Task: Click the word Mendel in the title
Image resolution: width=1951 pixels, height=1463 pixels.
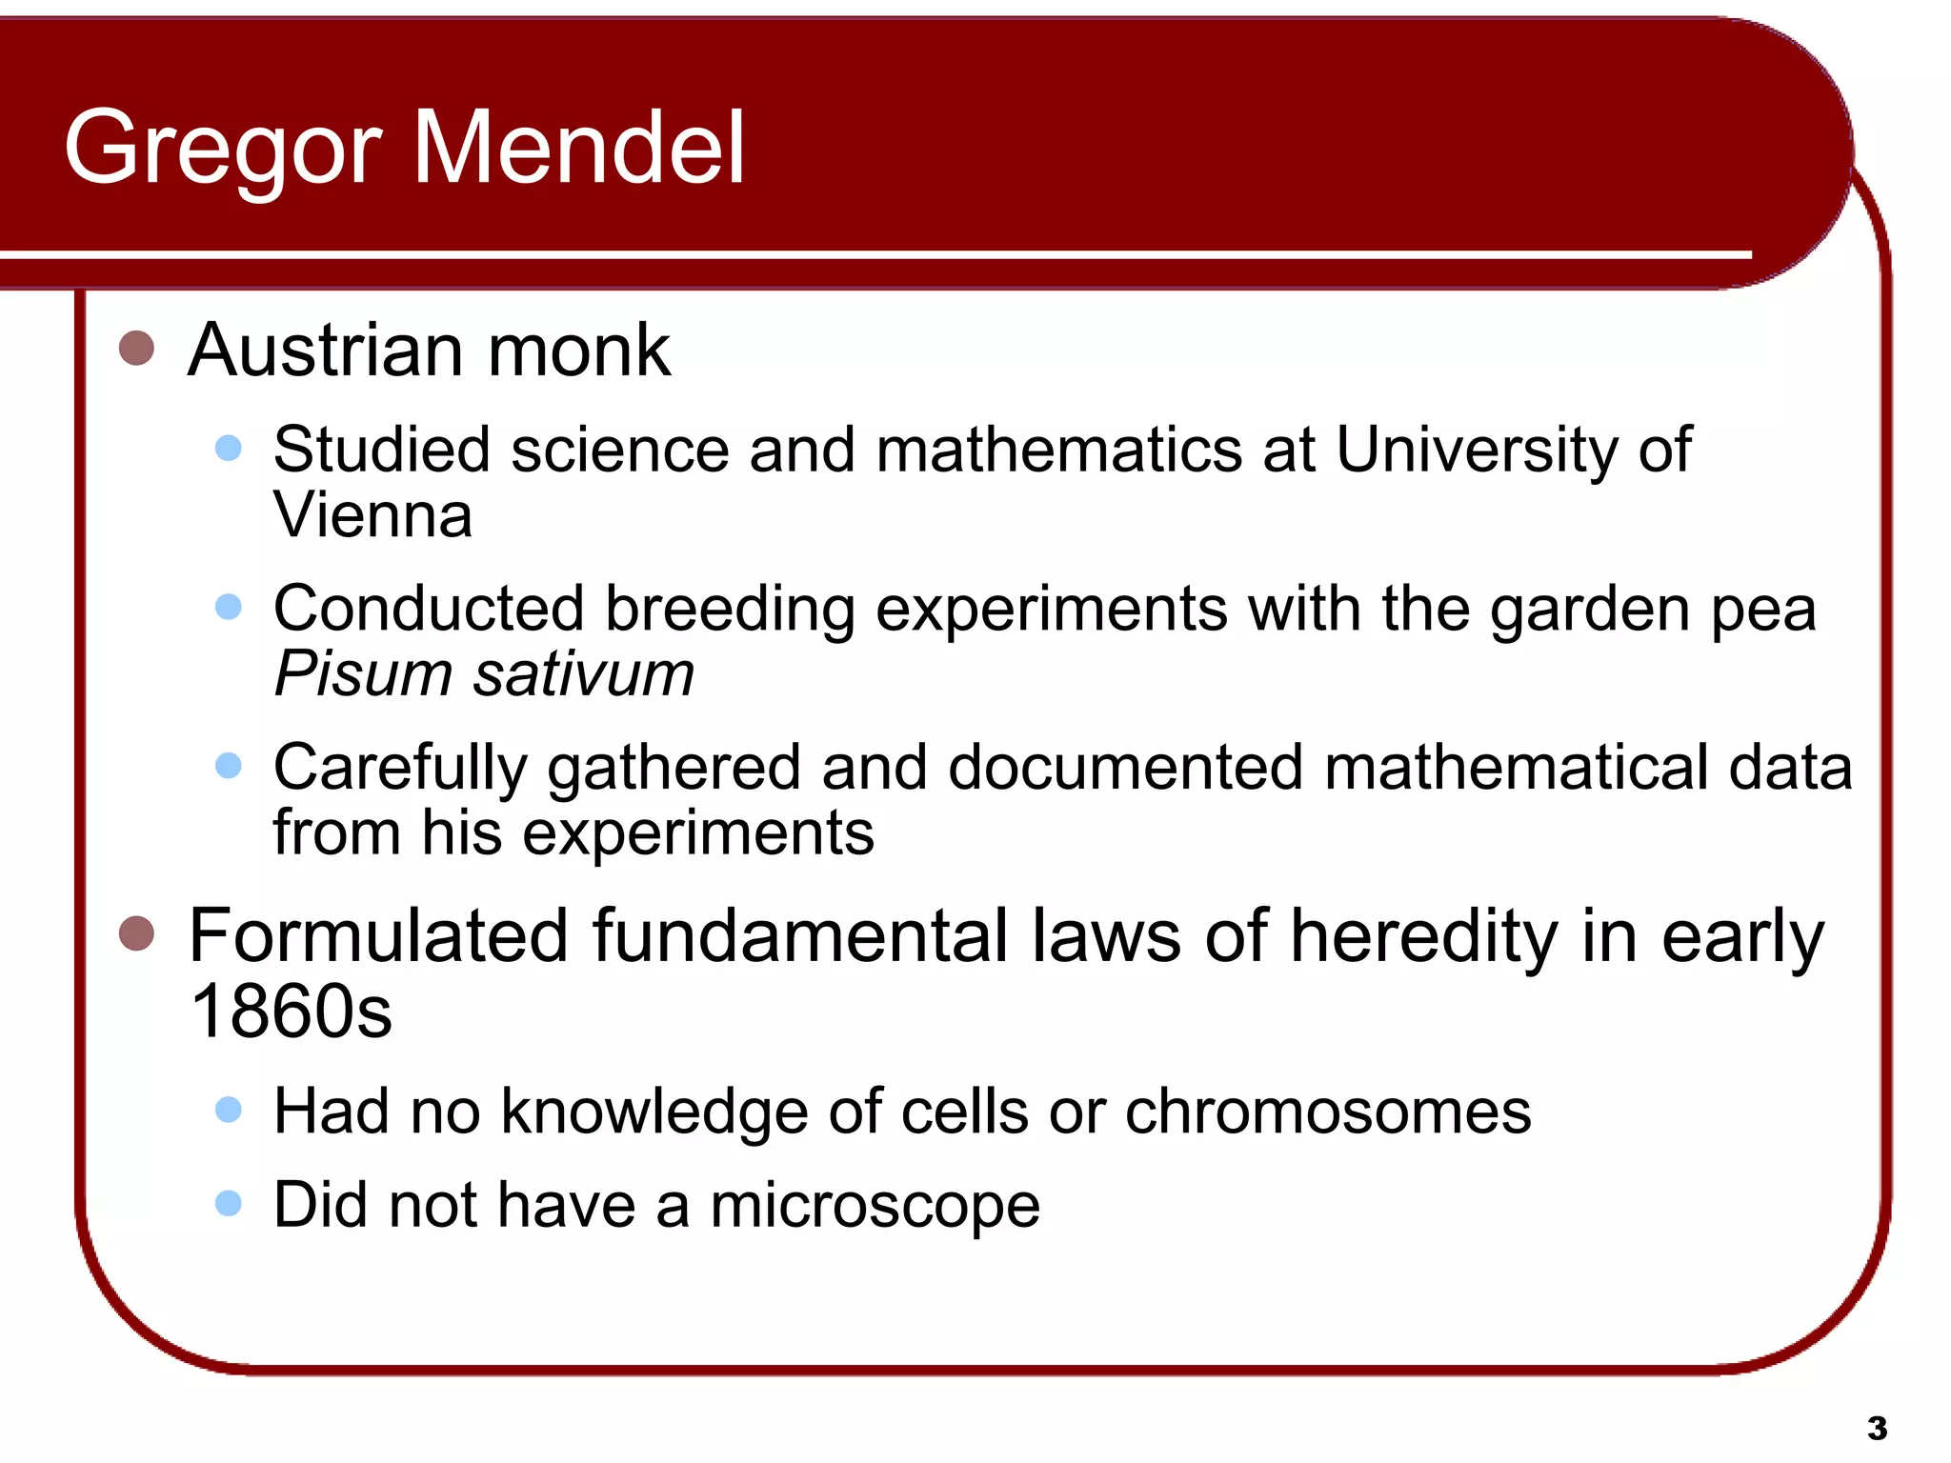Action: (x=578, y=148)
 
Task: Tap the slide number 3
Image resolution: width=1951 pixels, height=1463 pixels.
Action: (x=1877, y=1428)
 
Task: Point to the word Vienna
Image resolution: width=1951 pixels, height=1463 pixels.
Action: (x=372, y=515)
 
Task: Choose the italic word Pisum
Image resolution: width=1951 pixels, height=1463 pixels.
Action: (x=362, y=674)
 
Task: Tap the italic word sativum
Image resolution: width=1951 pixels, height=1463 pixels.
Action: (x=584, y=674)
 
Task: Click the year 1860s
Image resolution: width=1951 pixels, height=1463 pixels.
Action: (x=291, y=1012)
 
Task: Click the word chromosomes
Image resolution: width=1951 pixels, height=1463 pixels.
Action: (x=1328, y=1112)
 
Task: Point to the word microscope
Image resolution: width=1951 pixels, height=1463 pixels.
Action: (x=875, y=1206)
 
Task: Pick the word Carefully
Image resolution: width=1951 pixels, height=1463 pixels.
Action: (x=400, y=769)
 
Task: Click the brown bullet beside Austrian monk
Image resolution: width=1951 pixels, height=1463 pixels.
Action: (x=136, y=349)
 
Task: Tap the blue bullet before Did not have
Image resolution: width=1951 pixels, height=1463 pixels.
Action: (x=229, y=1203)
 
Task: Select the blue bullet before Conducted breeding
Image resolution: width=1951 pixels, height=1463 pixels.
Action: (x=229, y=607)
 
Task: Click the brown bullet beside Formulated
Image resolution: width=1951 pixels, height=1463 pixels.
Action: (x=136, y=934)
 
